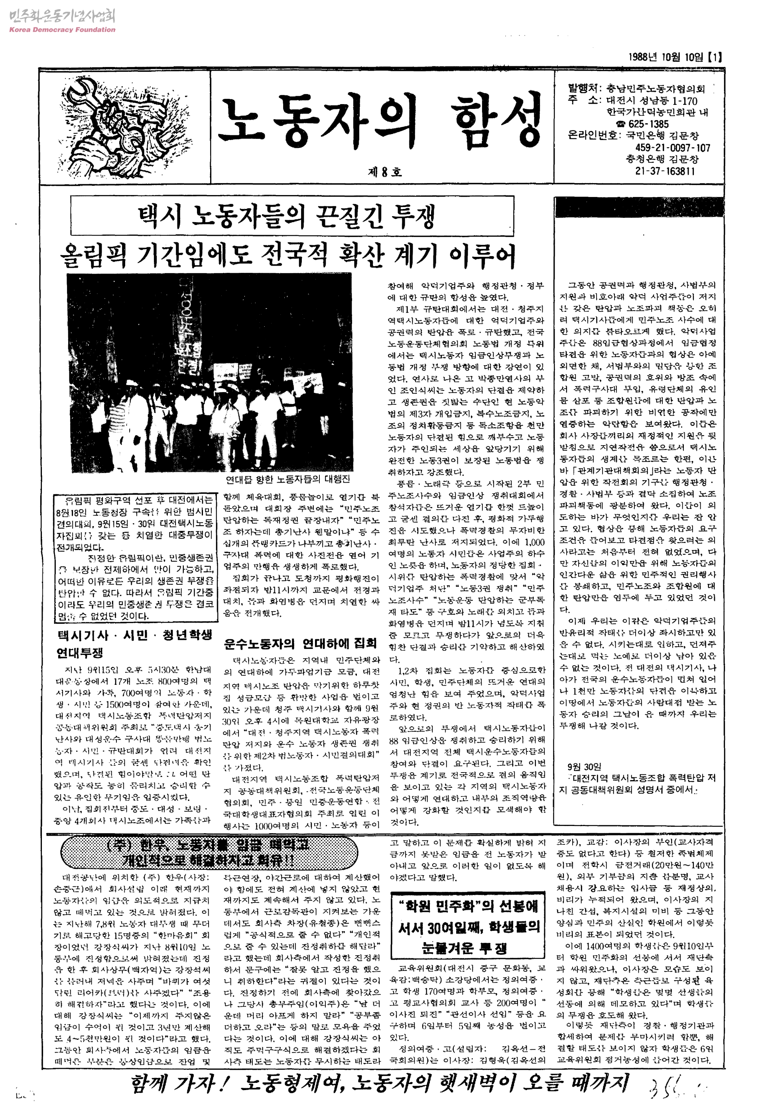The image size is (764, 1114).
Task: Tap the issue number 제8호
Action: point(384,172)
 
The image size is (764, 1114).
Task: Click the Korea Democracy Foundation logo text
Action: point(62,30)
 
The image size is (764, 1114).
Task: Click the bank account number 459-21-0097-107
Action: point(672,148)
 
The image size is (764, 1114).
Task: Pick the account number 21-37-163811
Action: point(665,171)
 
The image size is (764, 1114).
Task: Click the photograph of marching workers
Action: point(209,373)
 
